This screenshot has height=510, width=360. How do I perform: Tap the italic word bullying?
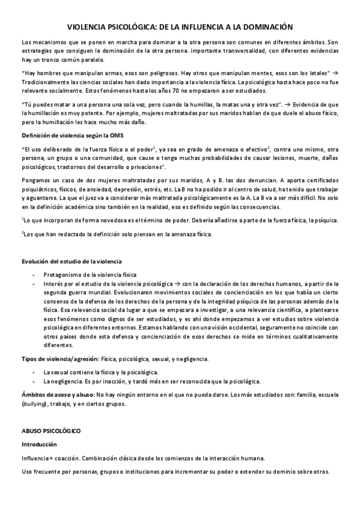35,404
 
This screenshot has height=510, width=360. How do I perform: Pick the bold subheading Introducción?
39,444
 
